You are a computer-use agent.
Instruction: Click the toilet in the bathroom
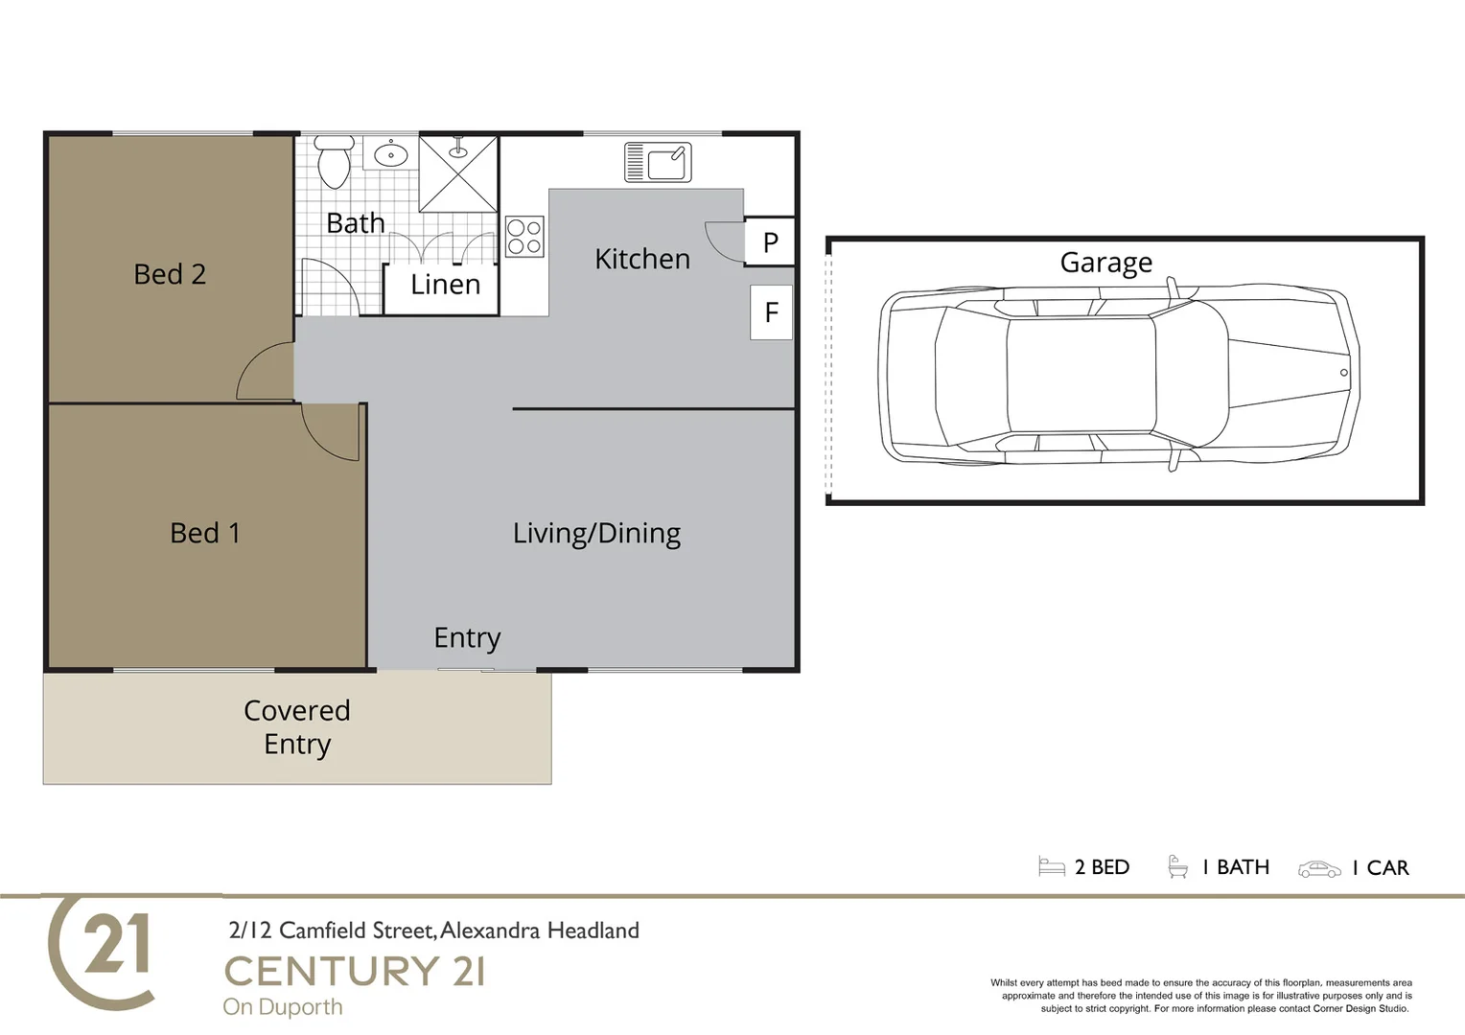coord(334,162)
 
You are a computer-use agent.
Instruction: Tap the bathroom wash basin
coord(390,154)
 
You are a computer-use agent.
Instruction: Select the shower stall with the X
coord(458,174)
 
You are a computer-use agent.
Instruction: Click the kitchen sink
coord(658,162)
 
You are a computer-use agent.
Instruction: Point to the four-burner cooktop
coord(524,237)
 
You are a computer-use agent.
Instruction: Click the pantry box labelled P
coord(770,242)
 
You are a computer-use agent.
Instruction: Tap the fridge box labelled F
coord(771,312)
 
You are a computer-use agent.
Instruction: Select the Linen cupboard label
coord(445,285)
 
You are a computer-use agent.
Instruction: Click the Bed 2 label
coord(170,274)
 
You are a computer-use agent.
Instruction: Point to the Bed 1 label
coord(204,533)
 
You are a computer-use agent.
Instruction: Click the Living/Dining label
coord(596,534)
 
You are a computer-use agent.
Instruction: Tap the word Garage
coord(1105,263)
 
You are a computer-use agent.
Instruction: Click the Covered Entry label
coord(297,727)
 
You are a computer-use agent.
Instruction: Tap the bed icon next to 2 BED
coord(1052,867)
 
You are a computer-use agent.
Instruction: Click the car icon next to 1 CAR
coord(1319,869)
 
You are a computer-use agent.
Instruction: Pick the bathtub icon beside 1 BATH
coord(1177,867)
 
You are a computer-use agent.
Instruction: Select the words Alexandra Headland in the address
coord(540,931)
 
